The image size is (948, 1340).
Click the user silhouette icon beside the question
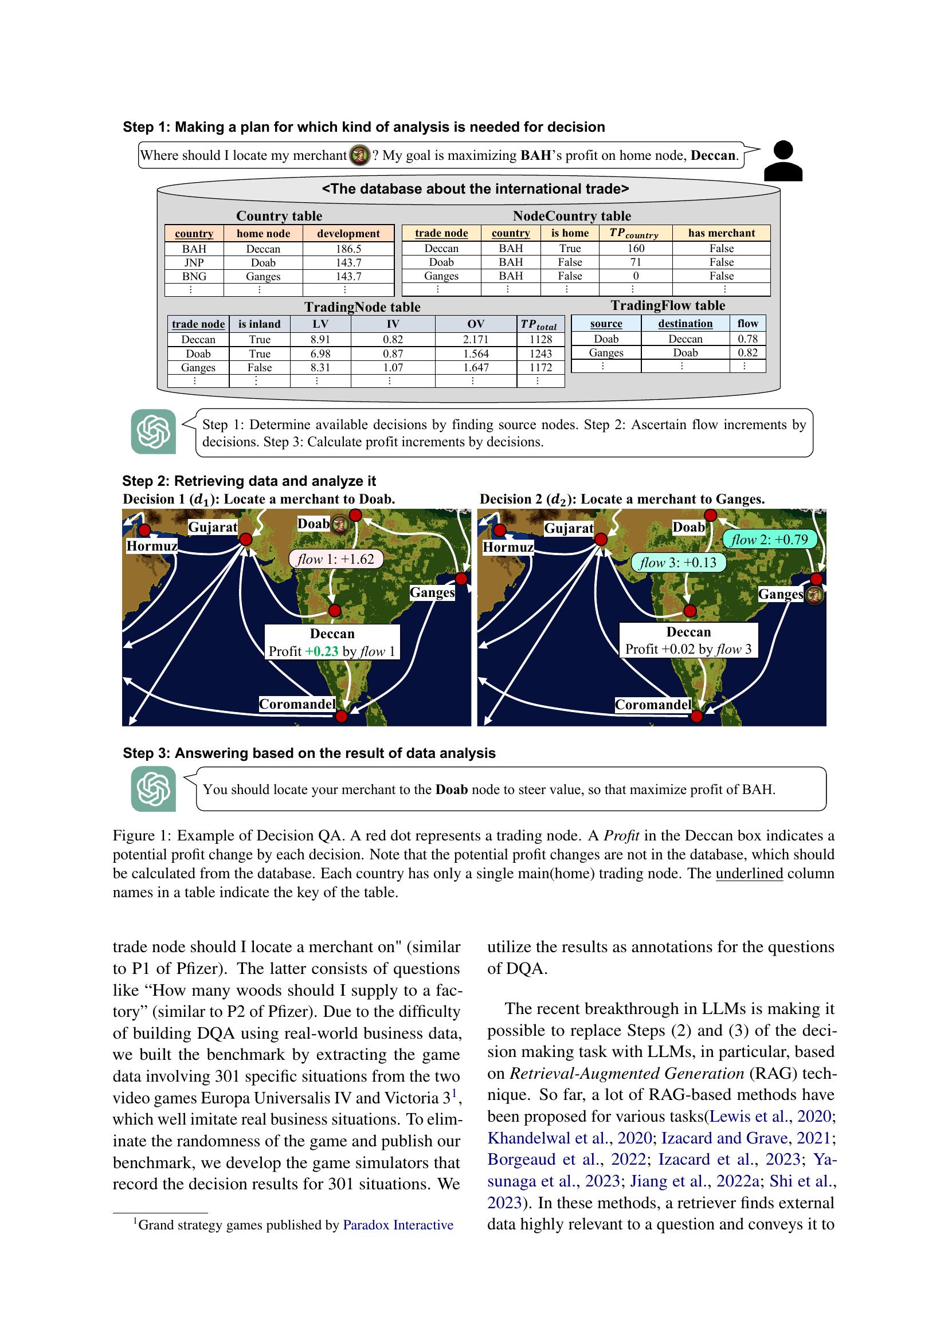(783, 161)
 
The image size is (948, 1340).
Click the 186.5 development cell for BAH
(348, 249)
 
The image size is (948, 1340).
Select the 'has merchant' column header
(721, 233)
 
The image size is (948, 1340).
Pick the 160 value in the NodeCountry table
(635, 248)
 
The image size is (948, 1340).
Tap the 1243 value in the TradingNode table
(540, 353)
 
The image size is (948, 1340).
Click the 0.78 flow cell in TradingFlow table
(747, 339)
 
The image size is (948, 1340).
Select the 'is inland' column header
(259, 324)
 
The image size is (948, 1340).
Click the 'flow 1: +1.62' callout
(336, 559)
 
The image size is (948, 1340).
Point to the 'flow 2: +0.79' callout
(769, 539)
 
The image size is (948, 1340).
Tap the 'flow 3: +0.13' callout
(677, 563)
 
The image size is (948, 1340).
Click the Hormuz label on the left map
(152, 547)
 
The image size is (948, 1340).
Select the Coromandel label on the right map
(653, 705)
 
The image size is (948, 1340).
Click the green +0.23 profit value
(321, 651)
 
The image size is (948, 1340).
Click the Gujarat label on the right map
(568, 528)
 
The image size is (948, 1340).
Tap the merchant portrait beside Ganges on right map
(814, 595)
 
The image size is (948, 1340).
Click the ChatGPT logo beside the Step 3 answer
(154, 788)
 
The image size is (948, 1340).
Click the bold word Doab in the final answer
(451, 789)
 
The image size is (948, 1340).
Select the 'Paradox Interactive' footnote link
(398, 1225)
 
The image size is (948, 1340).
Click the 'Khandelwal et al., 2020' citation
(569, 1138)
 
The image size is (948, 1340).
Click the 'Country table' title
(279, 216)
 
